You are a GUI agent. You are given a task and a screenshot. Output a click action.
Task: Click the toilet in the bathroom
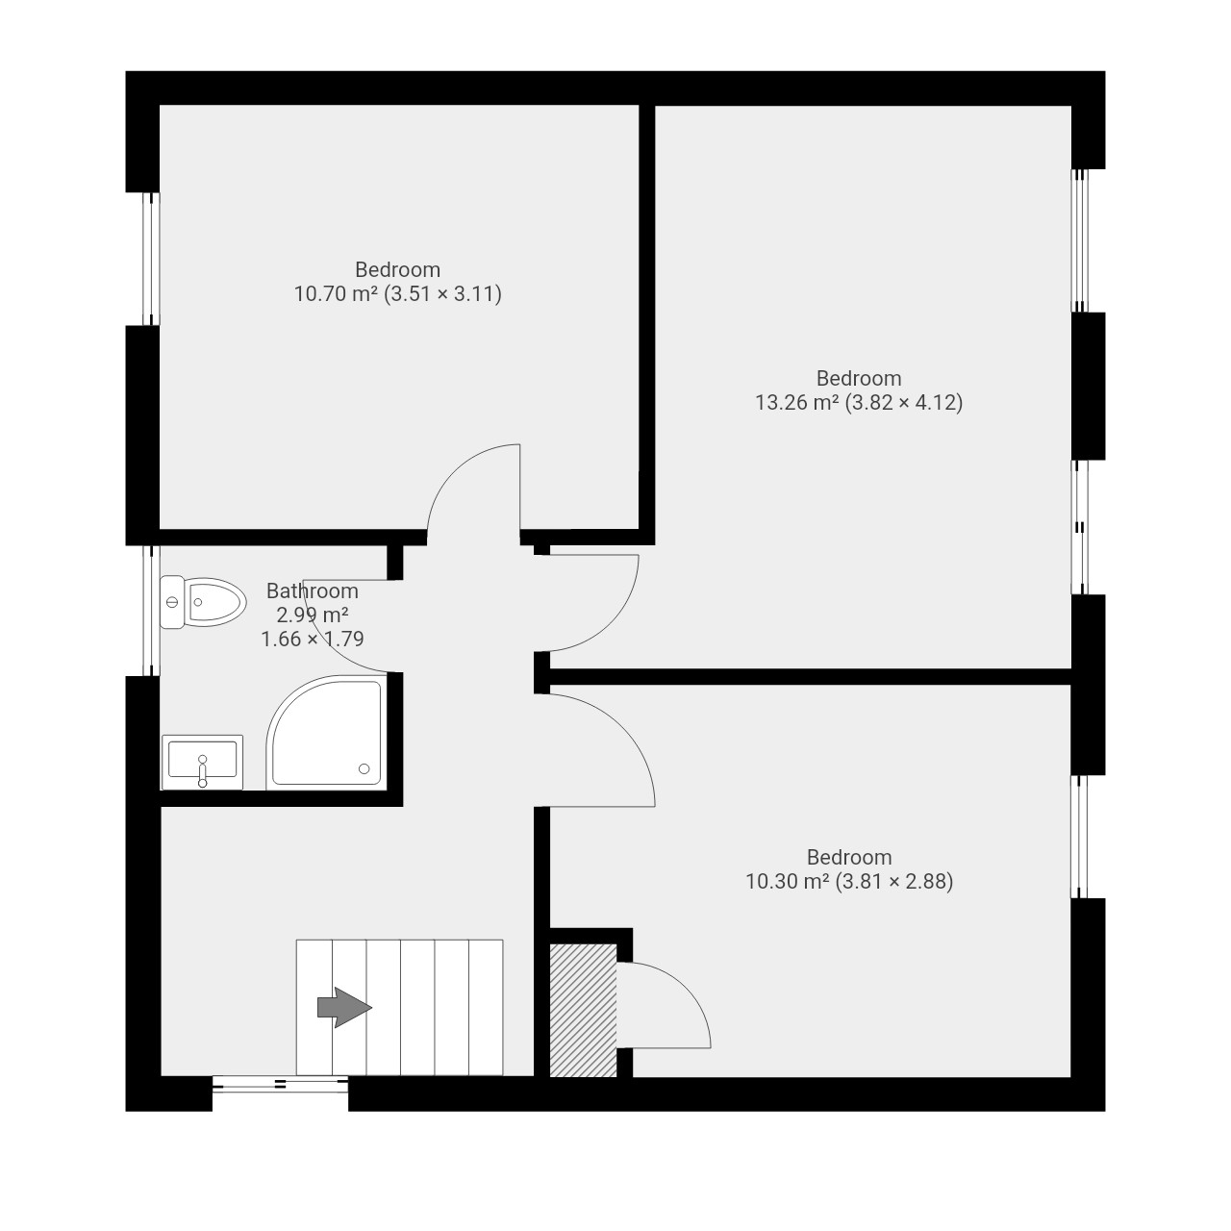pos(203,602)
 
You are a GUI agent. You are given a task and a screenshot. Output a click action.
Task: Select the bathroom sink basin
pos(203,762)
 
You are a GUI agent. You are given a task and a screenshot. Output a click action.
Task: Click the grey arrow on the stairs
pos(344,1008)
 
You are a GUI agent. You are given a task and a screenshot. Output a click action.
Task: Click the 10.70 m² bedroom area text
pos(397,294)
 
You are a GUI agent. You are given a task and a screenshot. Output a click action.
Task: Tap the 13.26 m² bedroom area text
pos(859,402)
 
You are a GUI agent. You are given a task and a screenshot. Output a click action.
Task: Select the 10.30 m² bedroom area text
pos(849,881)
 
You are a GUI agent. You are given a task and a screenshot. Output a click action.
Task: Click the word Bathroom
pos(313,590)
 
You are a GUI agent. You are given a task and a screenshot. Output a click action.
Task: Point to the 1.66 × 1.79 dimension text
pos(313,639)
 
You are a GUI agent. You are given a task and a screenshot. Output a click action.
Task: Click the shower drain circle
pos(364,769)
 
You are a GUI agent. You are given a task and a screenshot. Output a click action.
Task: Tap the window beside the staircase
pos(281,1084)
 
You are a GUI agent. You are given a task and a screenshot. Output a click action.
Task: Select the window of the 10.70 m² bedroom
pos(151,259)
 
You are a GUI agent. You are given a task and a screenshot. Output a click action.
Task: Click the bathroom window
pos(151,610)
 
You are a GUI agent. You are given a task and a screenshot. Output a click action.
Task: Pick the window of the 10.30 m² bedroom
pos(1080,837)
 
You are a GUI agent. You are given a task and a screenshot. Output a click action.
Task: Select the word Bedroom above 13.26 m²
pos(859,378)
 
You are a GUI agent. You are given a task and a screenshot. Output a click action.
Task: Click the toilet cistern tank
pos(172,602)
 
